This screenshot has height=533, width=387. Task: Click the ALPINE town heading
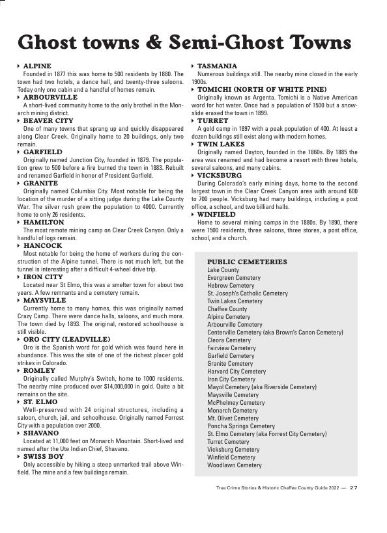[36, 66]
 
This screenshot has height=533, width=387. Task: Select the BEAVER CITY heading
[48, 121]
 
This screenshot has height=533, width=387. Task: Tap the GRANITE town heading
[40, 184]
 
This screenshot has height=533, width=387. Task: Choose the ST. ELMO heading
[40, 402]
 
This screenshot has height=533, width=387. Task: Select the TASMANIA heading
[217, 66]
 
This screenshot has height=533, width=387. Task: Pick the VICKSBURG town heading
[219, 176]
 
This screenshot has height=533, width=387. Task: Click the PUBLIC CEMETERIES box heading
[247, 262]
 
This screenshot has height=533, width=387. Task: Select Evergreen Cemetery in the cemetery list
[234, 278]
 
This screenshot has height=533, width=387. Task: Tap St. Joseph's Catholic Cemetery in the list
[248, 294]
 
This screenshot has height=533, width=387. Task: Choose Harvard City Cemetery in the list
[236, 372]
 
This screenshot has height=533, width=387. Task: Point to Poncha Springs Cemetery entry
[241, 426]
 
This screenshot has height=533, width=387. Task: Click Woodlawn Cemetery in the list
[235, 465]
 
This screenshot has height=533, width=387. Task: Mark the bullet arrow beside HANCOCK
[19, 246]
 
